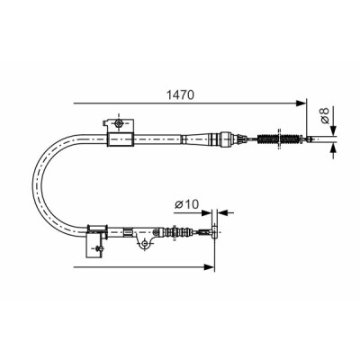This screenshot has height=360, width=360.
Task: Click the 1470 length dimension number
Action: pos(180,94)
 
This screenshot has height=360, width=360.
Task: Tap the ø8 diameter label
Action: pos(325,115)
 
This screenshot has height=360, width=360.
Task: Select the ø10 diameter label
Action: pos(187,204)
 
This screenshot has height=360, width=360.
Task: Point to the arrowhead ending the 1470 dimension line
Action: pos(301,103)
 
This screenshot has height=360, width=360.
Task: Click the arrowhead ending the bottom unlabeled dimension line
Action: pos(210,266)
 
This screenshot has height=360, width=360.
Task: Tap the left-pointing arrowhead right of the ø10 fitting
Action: pos(223,212)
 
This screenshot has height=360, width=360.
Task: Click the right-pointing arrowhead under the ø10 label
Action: pos(207,212)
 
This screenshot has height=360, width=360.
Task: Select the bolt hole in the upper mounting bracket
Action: pos(119,122)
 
